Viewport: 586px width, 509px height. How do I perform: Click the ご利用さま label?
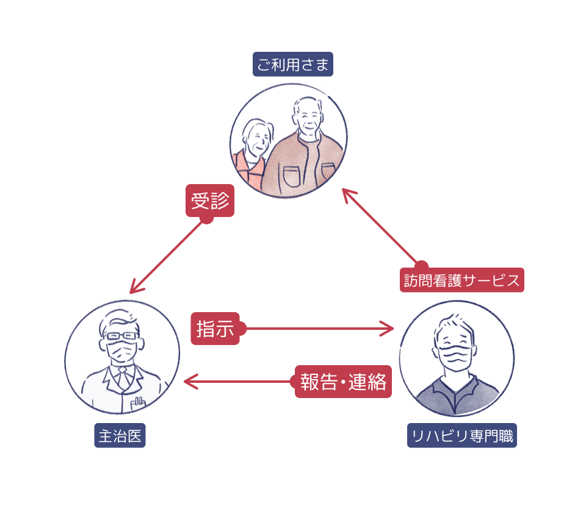click(293, 64)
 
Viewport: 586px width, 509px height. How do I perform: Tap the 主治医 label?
click(120, 436)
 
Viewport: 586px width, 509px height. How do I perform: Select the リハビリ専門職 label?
click(462, 436)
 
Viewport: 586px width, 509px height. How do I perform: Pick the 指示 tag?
click(215, 329)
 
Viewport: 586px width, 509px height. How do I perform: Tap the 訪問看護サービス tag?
click(462, 281)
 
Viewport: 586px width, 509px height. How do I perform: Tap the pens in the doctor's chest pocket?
click(139, 400)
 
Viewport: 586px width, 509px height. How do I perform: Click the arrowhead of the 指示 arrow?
click(391, 329)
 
